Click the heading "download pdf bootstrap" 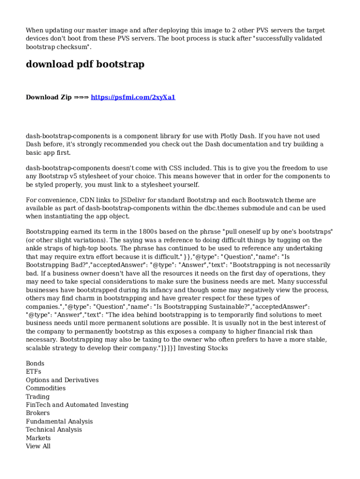85,65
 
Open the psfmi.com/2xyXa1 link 133,97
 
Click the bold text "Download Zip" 49,97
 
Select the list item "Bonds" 35,363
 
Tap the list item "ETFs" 33,372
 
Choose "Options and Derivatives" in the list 62,380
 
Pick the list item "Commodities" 45,388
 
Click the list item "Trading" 37,397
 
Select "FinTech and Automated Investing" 77,405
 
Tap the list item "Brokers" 37,413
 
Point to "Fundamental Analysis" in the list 59,421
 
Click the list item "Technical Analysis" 54,430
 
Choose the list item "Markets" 38,438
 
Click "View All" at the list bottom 38,446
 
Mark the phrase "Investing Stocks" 203,348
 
